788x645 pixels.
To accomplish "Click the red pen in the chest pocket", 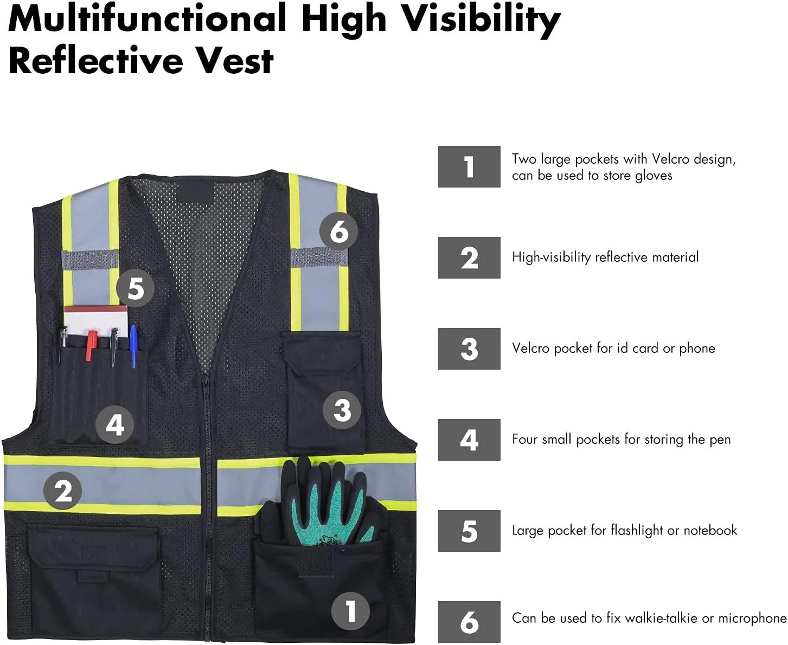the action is pos(91,344).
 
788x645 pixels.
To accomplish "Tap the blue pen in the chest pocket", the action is pos(133,346).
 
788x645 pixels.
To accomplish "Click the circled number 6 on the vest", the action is pos(338,231).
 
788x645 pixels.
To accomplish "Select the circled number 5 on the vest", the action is pos(135,288).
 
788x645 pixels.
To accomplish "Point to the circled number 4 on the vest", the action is pos(115,424).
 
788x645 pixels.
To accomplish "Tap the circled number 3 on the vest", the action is pos(342,410).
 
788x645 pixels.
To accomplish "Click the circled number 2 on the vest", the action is pos(63,491).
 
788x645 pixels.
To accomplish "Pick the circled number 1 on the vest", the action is pos(350,611).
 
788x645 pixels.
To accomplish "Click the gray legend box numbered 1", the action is pos(469,166).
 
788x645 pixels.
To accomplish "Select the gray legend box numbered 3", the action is pos(469,349).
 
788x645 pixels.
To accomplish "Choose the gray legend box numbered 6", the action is pos(469,622).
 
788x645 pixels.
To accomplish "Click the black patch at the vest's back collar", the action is pos(195,191).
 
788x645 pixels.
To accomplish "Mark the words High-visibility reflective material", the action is pos(605,257).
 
